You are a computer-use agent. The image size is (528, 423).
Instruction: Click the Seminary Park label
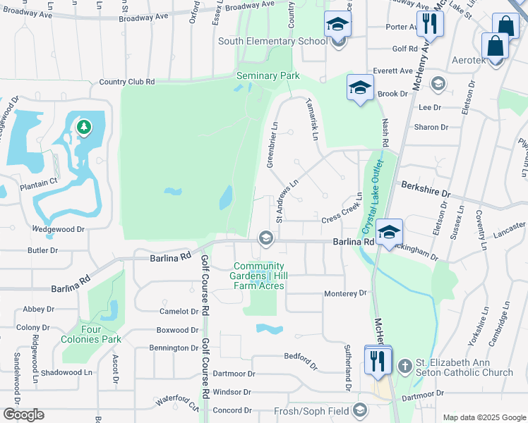click(268, 75)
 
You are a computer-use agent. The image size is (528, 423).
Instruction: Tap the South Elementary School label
click(272, 42)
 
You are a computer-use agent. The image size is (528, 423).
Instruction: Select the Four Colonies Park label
click(100, 333)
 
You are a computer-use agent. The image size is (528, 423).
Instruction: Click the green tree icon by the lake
click(84, 127)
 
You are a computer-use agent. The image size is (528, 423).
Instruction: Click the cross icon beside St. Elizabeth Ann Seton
click(404, 365)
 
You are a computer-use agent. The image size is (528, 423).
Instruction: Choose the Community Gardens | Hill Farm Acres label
click(259, 276)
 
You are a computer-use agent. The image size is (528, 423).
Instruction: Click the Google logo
click(23, 415)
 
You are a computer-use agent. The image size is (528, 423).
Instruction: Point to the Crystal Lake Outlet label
click(368, 205)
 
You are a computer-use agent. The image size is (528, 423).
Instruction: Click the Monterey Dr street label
click(346, 293)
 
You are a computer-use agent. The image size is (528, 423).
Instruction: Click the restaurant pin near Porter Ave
click(430, 24)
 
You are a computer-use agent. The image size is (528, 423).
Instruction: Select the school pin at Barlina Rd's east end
click(389, 232)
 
